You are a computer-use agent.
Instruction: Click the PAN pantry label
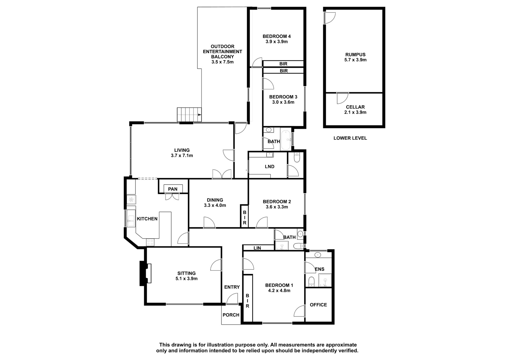coord(173,189)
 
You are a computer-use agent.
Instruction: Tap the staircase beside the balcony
coord(189,115)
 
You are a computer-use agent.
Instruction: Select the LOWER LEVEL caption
coord(350,138)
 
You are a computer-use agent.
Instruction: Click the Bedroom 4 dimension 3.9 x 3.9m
coord(276,42)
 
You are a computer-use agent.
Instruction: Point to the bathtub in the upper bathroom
coord(286,139)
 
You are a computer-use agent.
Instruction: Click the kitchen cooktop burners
coord(150,242)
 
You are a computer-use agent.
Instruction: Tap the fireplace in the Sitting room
coord(145,273)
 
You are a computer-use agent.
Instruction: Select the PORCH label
coord(231,315)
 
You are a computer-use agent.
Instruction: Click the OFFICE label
coord(318,305)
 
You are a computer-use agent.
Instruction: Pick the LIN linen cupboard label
coord(257,248)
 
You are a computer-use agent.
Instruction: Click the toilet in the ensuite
coord(311,282)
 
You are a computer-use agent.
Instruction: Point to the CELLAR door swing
coord(342,98)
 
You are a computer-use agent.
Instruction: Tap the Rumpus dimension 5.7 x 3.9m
coord(355,60)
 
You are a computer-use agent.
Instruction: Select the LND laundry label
coord(270,166)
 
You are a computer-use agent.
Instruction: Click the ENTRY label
coord(232,287)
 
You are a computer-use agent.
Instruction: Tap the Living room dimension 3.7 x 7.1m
coord(182,156)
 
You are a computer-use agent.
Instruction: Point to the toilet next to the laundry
coord(297,157)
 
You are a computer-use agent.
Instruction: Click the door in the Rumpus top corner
coord(330,18)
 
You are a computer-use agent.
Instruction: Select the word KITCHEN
coord(147,219)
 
